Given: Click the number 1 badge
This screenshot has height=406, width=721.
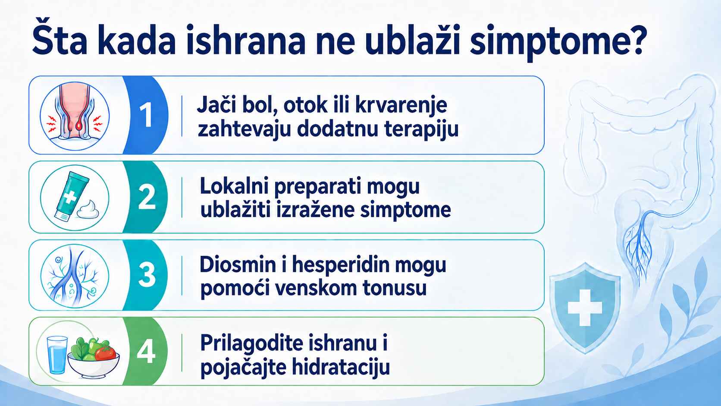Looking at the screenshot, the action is click(x=146, y=115).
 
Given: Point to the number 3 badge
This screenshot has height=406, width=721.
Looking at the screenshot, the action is click(x=147, y=275).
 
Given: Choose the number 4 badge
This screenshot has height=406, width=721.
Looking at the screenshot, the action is click(x=146, y=352).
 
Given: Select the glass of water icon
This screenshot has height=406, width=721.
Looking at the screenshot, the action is click(x=57, y=355).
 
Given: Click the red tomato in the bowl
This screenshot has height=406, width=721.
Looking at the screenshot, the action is click(x=105, y=352).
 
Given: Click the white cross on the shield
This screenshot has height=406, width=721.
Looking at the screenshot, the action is click(x=585, y=308).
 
